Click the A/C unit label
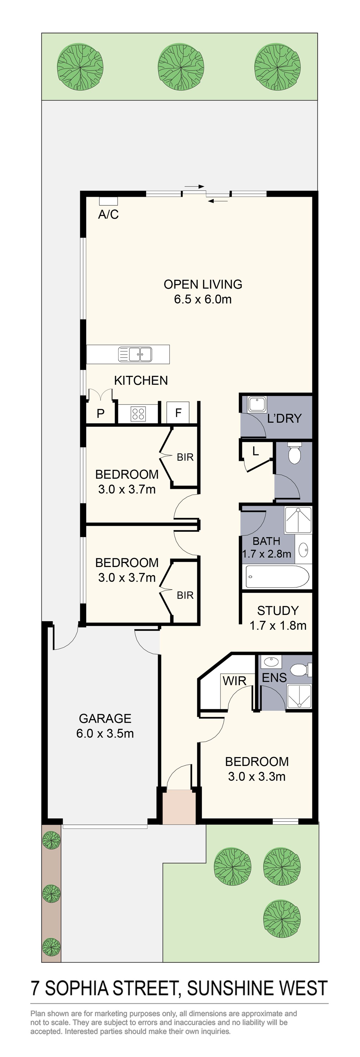coord(108,214)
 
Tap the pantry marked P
coord(101,414)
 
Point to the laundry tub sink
coord(257,405)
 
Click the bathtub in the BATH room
coord(277,576)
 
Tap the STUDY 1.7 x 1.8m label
coord(278,617)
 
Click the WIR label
coord(234,681)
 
